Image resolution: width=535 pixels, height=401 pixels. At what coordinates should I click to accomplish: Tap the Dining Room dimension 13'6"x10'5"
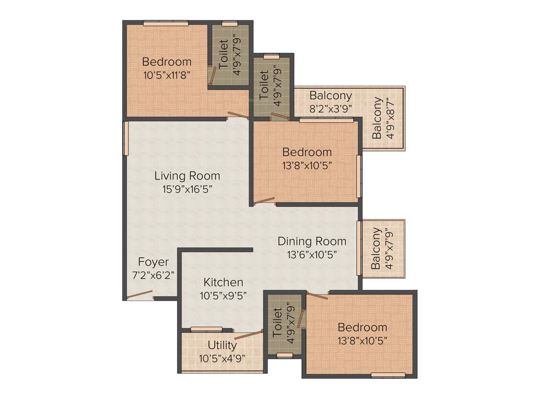312,255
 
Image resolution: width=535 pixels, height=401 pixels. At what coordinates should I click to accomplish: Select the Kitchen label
223,282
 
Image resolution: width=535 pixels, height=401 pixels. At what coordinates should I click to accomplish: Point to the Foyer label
153,262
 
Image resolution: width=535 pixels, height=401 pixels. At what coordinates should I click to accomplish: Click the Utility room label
222,345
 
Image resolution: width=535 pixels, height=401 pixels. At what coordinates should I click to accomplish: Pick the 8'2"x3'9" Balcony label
331,96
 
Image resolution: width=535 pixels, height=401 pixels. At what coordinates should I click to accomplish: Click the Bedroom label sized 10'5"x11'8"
167,62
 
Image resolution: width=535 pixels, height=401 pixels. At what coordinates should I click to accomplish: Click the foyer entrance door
140,295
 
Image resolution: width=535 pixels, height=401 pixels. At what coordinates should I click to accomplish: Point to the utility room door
248,335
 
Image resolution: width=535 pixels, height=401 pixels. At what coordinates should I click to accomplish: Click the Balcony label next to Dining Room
376,248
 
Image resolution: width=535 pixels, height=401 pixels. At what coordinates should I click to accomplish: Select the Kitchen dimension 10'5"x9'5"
223,295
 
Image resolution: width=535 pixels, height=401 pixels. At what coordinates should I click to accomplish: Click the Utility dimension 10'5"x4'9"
222,358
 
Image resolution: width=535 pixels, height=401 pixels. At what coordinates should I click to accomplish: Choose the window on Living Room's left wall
126,138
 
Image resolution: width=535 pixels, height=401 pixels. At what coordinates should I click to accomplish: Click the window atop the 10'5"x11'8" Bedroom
166,23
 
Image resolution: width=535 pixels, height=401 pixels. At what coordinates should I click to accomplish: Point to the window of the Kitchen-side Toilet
285,356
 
